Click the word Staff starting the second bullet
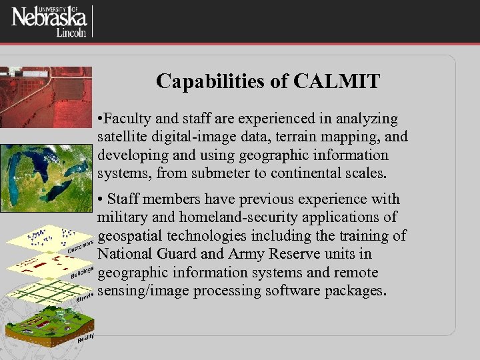(x=123, y=199)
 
